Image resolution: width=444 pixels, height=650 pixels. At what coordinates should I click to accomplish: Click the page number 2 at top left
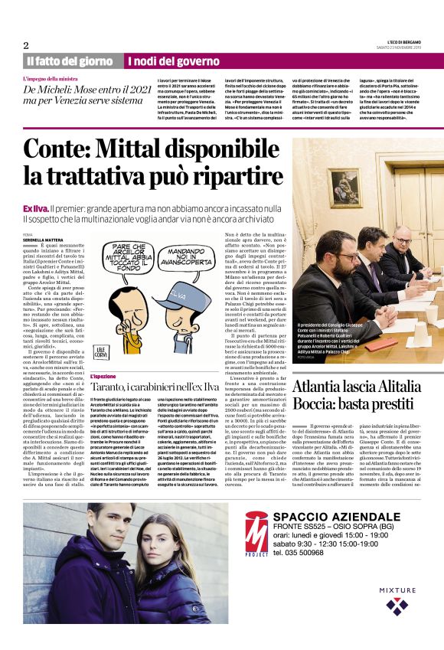point(26,44)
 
